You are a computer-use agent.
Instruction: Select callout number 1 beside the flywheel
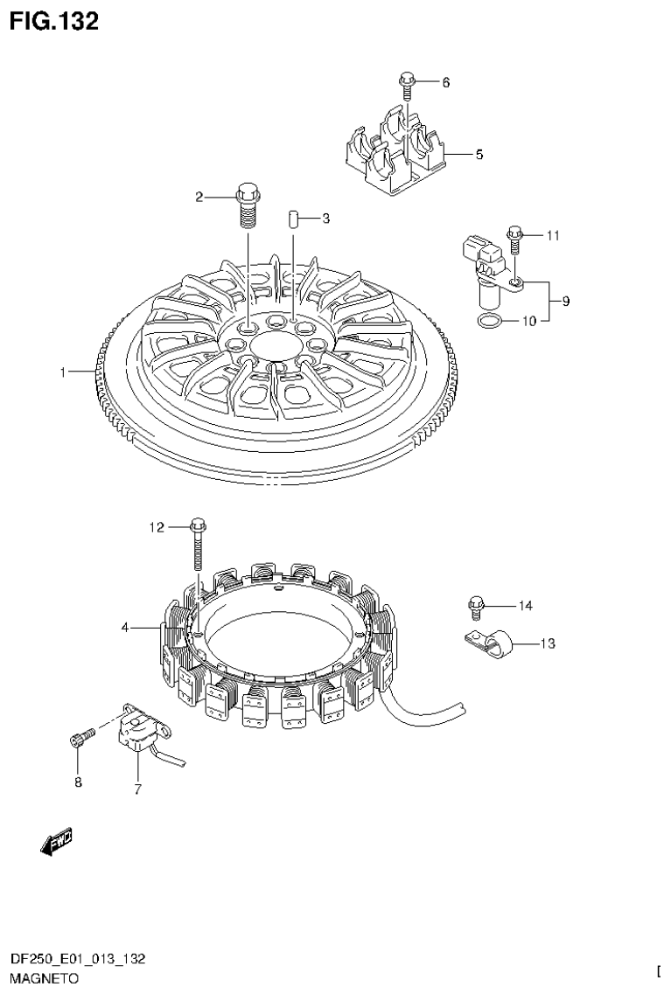click(63, 372)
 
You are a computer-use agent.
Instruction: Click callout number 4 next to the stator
click(125, 627)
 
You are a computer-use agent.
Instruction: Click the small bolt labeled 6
click(407, 83)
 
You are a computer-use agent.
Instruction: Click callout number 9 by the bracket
click(566, 302)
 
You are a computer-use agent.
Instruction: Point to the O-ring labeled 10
click(491, 322)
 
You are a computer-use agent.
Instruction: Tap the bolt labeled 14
click(477, 604)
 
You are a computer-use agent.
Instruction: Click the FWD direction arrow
click(58, 840)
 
